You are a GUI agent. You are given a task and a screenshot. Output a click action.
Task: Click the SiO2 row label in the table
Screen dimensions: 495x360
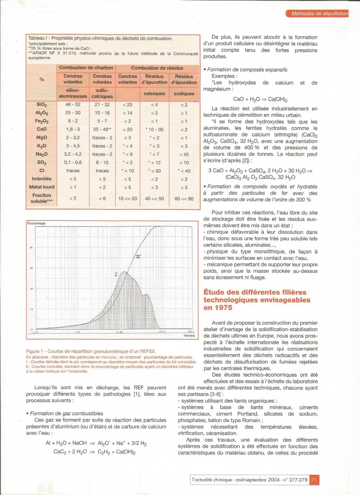coord(41,104)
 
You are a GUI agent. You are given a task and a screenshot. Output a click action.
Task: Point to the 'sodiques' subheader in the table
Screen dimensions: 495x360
coord(183,93)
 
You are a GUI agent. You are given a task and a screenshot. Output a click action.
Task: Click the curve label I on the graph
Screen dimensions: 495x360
coord(116,274)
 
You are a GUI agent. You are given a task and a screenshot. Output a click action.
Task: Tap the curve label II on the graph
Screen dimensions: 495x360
coord(138,257)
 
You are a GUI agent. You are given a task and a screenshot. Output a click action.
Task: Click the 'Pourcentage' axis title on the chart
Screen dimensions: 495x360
coord(36,224)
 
